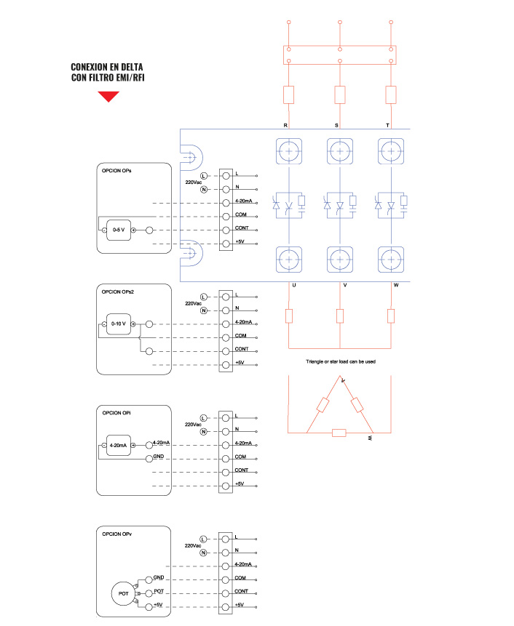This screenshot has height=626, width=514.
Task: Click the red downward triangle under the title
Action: point(108,96)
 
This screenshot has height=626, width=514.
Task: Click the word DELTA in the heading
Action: point(132,67)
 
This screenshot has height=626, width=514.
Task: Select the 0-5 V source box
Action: point(119,230)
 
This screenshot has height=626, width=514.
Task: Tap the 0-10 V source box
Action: point(119,324)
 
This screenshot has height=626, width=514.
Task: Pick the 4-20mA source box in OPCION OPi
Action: point(119,445)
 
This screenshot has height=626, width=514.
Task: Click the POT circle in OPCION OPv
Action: point(123,594)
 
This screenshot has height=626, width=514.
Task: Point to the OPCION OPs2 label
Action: point(117,292)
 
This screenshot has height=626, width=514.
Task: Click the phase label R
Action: point(285,125)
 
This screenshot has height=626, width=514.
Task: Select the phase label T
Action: point(387,125)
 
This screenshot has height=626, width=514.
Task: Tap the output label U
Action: point(294,285)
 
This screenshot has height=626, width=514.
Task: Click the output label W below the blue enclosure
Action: point(396,285)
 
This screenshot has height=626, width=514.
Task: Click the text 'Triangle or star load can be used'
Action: point(341,361)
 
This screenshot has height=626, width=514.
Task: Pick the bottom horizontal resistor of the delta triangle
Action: point(339,433)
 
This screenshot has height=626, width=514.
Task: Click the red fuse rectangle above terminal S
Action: point(340,95)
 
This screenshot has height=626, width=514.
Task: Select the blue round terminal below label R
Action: point(289,151)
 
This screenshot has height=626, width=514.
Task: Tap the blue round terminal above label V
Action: point(340,260)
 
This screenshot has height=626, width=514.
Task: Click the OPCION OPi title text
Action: point(116,413)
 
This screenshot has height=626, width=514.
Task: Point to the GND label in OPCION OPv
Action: point(159,577)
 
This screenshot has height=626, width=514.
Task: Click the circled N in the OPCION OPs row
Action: point(204,189)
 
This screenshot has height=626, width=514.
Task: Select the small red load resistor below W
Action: point(391,316)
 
